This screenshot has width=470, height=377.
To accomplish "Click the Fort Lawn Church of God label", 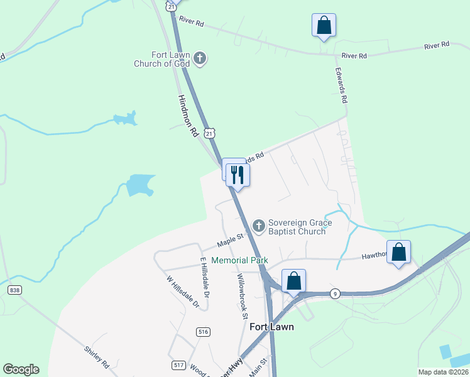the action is (163, 59).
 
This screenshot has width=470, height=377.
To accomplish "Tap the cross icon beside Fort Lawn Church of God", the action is (200, 59).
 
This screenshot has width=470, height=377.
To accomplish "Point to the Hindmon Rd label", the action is (188, 116).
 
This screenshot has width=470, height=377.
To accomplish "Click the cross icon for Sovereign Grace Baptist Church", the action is (258, 225).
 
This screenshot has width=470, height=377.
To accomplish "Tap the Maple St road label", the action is (230, 239).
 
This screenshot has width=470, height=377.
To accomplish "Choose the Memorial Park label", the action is (239, 260).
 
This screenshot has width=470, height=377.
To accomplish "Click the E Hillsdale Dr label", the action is (204, 273).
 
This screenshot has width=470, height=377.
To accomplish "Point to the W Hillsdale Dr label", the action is (183, 292).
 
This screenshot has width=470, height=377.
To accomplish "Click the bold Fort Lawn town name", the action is (271, 327).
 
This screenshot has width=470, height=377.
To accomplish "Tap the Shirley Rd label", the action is (97, 358).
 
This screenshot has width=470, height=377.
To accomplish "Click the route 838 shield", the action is (14, 290).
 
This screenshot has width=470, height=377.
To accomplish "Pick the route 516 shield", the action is (202, 331).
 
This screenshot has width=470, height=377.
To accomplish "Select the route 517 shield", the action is (178, 364).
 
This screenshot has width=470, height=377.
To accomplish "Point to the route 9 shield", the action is (336, 293).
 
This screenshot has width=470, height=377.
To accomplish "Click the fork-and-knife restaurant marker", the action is (238, 174).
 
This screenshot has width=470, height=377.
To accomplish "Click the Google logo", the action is (21, 369).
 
